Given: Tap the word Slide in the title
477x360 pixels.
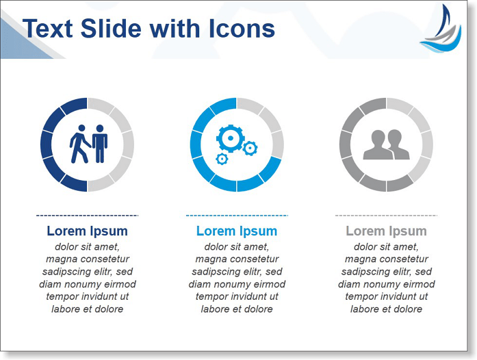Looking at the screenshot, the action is coord(111,29).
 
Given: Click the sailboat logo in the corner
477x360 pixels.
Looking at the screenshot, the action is coord(441,29).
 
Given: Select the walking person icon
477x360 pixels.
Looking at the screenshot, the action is coord(79,144).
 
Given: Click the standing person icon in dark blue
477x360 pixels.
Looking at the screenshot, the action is coord(100,144).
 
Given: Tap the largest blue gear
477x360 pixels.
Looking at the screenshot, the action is coord(230,138).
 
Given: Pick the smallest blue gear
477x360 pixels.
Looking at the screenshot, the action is coord(222,159).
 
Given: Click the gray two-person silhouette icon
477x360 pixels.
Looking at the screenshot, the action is coord(387,144).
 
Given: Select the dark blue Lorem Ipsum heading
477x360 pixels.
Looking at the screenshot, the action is coord(88,231).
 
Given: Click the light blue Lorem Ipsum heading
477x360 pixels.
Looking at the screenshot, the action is coord(237,231).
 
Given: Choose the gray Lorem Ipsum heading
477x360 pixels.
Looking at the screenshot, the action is coord(387,231).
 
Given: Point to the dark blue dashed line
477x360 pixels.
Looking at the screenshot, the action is coord(88,216).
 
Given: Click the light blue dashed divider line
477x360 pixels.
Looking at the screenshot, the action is coord(237,216).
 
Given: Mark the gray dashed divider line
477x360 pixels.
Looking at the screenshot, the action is coord(387,216).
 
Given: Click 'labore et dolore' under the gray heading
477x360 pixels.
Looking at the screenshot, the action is coord(387,309).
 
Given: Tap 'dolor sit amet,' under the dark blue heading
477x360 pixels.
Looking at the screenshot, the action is coord(88,246).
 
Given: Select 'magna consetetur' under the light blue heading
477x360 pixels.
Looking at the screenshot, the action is coord(237,259).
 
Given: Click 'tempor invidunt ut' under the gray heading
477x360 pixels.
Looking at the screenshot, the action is coord(387,296).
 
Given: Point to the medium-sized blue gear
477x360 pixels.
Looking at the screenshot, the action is coord(250,149).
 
